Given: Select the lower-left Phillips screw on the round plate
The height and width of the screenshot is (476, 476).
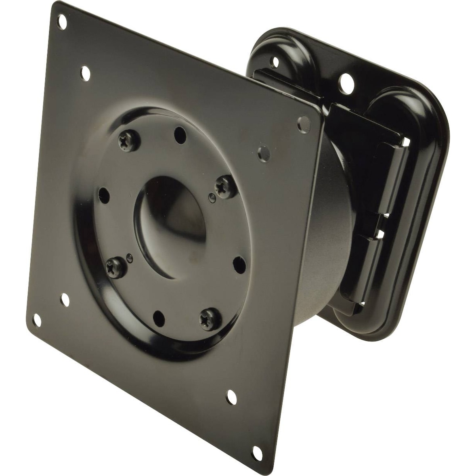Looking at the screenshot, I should [112, 266].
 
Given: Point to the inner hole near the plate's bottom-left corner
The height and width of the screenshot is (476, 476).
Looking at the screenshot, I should [64, 300].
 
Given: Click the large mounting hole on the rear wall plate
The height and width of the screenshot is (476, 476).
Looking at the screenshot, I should [345, 84].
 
